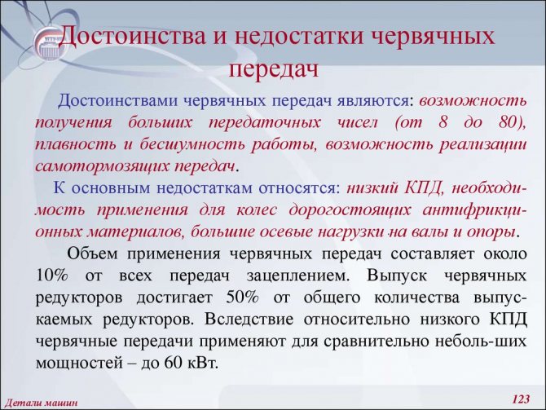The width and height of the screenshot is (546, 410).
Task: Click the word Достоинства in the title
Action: click(133, 36)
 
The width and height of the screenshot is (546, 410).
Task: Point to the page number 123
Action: click(521, 399)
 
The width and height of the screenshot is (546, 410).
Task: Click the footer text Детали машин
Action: click(42, 403)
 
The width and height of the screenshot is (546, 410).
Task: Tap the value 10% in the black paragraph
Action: click(52, 276)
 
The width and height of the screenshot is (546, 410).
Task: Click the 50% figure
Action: click(242, 298)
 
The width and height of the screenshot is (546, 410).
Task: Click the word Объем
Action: click(92, 253)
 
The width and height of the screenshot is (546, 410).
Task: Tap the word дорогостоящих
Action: click(350, 210)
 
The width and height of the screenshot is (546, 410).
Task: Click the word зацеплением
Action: click(297, 276)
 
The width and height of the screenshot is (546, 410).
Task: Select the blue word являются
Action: click(375, 101)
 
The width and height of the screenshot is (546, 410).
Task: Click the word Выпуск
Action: click(397, 276)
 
